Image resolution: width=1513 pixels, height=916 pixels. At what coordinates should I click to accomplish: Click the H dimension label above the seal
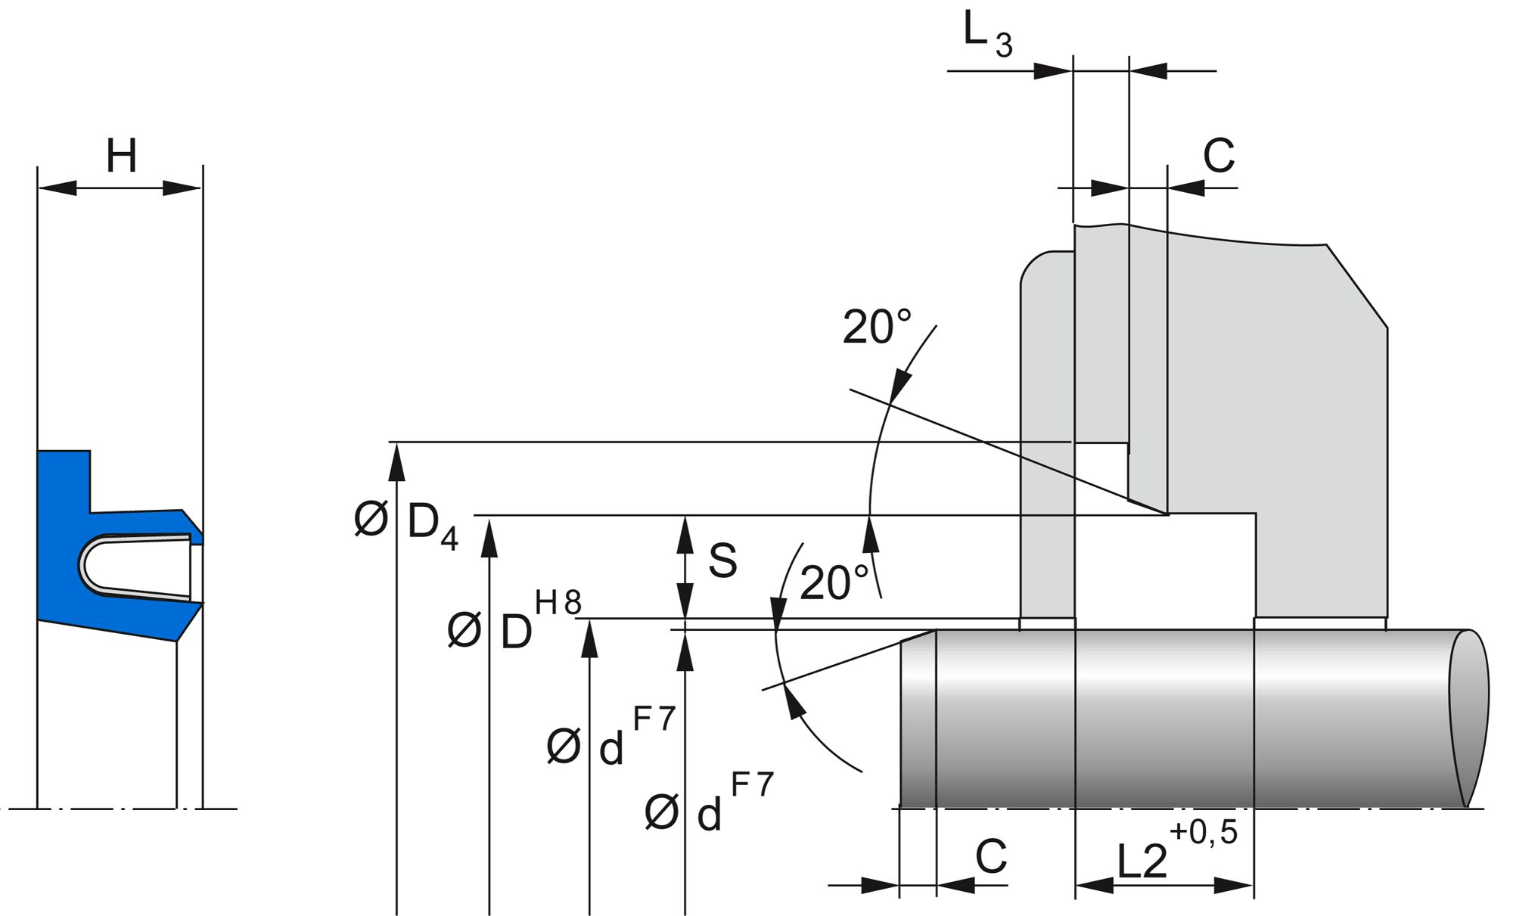[121, 156]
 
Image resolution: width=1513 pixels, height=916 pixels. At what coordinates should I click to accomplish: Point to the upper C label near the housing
[1218, 157]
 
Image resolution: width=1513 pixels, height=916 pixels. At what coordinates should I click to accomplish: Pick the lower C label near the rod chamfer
[990, 857]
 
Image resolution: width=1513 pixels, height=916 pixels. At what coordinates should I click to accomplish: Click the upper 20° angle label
[876, 328]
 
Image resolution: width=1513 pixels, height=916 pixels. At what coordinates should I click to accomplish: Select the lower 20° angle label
[834, 583]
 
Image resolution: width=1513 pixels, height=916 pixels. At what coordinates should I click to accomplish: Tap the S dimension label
[722, 561]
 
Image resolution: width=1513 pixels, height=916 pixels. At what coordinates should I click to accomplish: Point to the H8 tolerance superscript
[558, 603]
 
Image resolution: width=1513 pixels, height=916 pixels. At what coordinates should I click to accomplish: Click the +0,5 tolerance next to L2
[1204, 832]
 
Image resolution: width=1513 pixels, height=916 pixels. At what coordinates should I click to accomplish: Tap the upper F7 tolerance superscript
[654, 719]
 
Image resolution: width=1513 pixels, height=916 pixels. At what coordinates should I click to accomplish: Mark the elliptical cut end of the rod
[1468, 719]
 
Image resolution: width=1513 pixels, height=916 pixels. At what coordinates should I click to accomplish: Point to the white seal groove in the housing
[1165, 567]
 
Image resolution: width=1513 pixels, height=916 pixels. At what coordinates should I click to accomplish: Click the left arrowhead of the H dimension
[57, 187]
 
